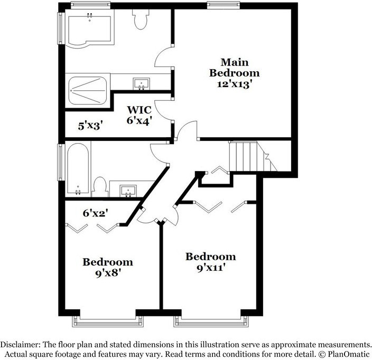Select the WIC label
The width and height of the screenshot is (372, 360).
(139, 110)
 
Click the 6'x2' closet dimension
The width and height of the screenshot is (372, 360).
(96, 213)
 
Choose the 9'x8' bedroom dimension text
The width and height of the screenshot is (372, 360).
(107, 274)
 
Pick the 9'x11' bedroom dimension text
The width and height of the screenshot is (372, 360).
(210, 269)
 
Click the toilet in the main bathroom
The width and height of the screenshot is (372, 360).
(141, 20)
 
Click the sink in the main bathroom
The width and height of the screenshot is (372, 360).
(141, 83)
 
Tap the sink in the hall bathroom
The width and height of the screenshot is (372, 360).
(127, 190)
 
